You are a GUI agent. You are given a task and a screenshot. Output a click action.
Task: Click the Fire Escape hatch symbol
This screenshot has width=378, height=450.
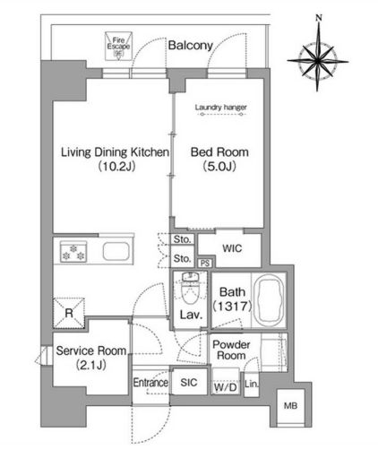tap(118, 47)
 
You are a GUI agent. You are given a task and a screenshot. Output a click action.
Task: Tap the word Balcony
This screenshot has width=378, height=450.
tap(190, 46)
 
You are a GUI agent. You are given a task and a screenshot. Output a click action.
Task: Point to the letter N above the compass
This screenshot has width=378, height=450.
tap(319, 18)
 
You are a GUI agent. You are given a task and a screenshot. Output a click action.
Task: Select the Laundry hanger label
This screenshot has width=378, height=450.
tap(221, 108)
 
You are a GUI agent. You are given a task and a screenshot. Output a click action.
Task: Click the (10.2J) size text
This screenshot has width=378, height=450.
tap(116, 166)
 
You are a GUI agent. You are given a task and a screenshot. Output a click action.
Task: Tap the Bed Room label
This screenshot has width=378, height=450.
tap(219, 152)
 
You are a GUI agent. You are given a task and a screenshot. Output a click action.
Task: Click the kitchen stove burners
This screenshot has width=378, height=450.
tap(73, 252)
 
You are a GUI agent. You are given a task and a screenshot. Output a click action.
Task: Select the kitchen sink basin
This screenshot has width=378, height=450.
tap(116, 252)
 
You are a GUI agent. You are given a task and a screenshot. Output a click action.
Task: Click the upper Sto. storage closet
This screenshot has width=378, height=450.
tap(182, 239)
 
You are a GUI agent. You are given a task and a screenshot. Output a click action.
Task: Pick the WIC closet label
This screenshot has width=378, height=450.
tap(232, 248)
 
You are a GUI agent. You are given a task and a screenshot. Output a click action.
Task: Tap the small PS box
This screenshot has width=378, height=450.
tap(205, 264)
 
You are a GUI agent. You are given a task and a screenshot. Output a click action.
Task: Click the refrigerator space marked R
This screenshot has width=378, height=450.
tap(69, 313)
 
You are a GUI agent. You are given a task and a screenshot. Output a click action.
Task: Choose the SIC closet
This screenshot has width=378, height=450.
tap(189, 382)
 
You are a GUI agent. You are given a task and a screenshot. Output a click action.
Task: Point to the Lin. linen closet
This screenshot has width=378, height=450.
tap(251, 385)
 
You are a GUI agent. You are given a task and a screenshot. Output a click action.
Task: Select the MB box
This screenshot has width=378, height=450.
tap(290, 406)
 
